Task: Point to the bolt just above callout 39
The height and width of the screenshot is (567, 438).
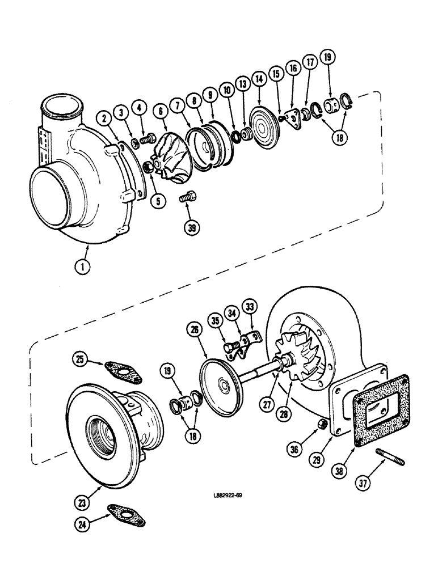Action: click(x=187, y=198)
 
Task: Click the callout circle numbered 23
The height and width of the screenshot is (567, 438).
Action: click(x=84, y=501)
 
